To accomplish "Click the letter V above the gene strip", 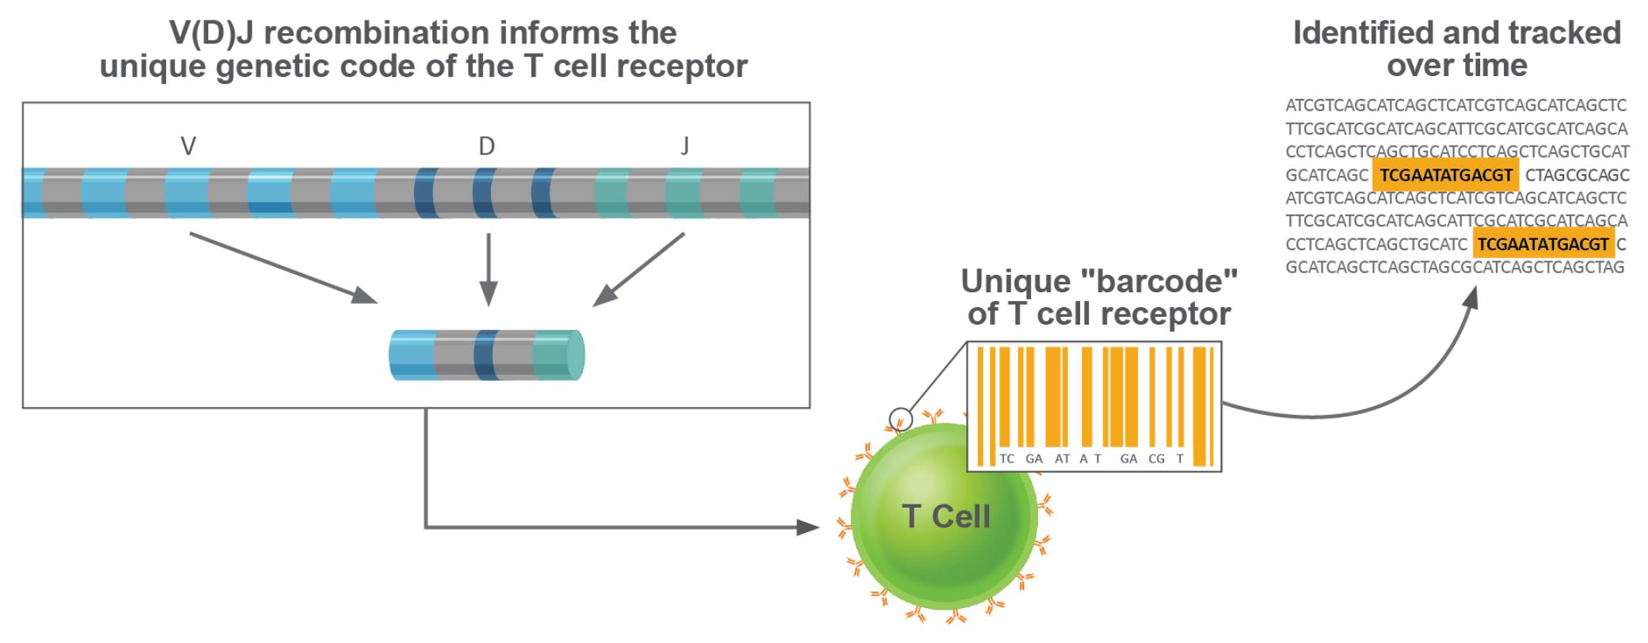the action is (188, 146).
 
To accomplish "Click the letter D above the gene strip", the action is (486, 146).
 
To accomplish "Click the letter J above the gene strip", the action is (685, 146).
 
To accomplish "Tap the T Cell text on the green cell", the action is (946, 516).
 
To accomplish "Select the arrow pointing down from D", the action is (489, 269).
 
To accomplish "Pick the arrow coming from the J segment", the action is (638, 268).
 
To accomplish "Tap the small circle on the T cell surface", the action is (900, 418).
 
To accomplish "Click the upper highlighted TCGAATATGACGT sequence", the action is (1445, 175).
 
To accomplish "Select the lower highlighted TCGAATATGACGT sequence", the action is (1543, 244).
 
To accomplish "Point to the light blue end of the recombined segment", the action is (412, 354).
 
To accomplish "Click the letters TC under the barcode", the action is (1007, 458).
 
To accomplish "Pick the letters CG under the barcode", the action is (1156, 458).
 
